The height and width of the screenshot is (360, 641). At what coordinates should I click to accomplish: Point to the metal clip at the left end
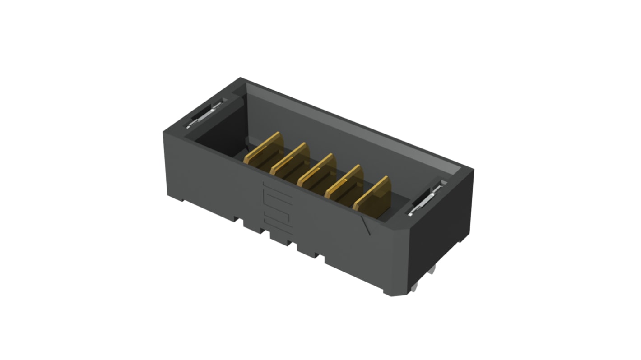(204, 115)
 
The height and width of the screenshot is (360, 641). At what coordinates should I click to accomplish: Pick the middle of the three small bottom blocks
(280, 238)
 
